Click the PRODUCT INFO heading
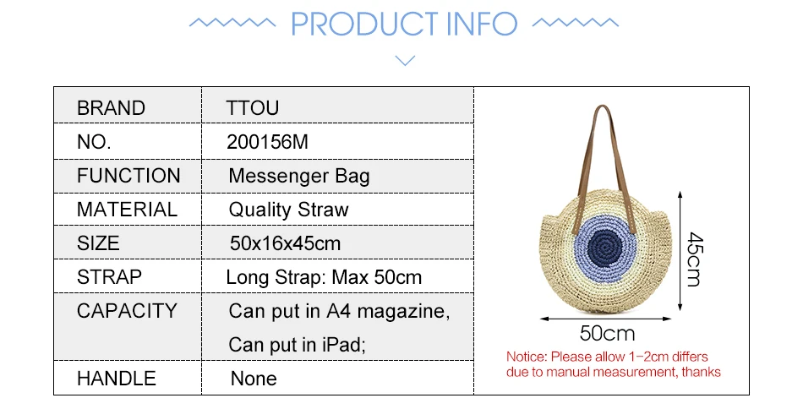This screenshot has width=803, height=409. pyautogui.click(x=404, y=24)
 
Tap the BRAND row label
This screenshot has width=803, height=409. pyautogui.click(x=111, y=108)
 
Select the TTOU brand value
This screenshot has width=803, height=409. pyautogui.click(x=253, y=108)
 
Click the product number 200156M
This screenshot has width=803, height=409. pyautogui.click(x=267, y=142)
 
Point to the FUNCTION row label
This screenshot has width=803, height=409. pyautogui.click(x=128, y=176)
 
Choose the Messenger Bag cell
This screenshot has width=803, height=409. pyautogui.click(x=299, y=176)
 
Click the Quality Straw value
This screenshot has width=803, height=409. pyautogui.click(x=288, y=210)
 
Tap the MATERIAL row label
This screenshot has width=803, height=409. pyautogui.click(x=127, y=210)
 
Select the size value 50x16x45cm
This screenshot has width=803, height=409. pyautogui.click(x=285, y=243)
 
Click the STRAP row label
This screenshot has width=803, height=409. pyautogui.click(x=109, y=277)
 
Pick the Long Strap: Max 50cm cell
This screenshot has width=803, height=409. pyautogui.click(x=324, y=277)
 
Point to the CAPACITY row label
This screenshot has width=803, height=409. pyautogui.click(x=127, y=311)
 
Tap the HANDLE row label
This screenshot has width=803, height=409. pyautogui.click(x=117, y=379)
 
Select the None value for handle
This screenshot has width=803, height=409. pyautogui.click(x=254, y=379)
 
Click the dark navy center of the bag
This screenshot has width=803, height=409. pyautogui.click(x=605, y=249)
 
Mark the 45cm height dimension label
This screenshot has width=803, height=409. pyautogui.click(x=695, y=259)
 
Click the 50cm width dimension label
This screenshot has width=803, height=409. pyautogui.click(x=608, y=334)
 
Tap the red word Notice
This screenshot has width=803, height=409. pyautogui.click(x=527, y=357)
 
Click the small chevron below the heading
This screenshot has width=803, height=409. pyautogui.click(x=405, y=61)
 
